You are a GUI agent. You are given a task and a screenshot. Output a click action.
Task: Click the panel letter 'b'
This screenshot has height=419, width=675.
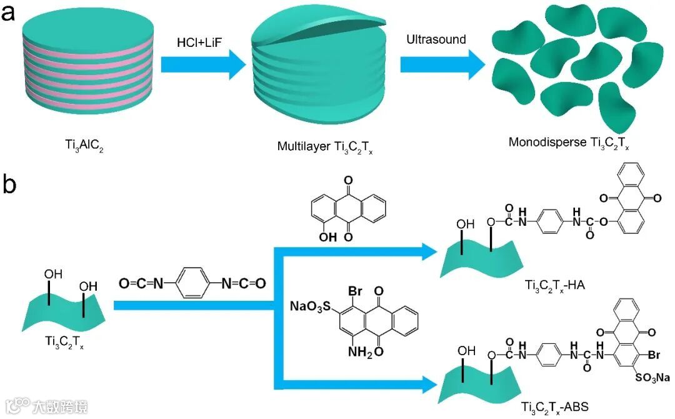10,185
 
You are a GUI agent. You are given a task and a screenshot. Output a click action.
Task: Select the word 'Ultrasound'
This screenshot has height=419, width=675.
436,39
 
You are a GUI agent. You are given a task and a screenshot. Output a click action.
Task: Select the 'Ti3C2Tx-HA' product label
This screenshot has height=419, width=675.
561,286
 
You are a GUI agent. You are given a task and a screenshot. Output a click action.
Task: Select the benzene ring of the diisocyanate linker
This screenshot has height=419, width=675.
191,283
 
